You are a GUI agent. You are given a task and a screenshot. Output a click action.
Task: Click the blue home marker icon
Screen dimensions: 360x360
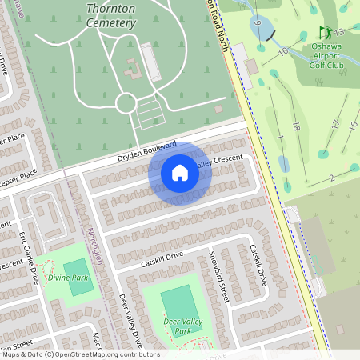pyautogui.click(x=180, y=173)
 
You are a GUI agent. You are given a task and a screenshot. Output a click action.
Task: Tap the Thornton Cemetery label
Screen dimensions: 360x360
pyautogui.click(x=110, y=16)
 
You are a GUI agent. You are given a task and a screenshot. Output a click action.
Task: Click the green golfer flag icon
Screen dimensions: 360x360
pyautogui.click(x=326, y=33)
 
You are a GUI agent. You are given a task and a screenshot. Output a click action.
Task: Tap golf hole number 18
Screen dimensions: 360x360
pyautogui.click(x=296, y=126)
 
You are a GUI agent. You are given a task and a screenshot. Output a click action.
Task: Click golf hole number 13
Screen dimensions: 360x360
pyautogui.click(x=339, y=32)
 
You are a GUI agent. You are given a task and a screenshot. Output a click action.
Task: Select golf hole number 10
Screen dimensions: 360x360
pyautogui.click(x=282, y=51)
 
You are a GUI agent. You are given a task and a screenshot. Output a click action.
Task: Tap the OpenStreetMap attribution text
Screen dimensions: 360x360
pyautogui.click(x=80, y=354)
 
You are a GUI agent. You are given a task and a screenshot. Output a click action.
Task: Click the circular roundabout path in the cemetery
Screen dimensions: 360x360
pyautogui.click(x=126, y=102)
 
